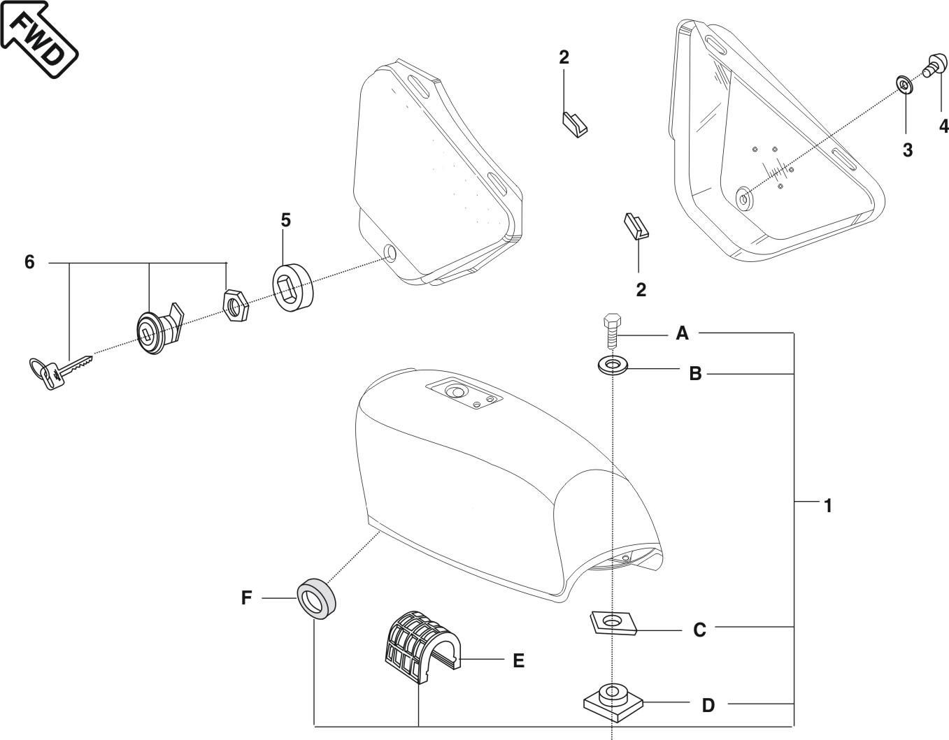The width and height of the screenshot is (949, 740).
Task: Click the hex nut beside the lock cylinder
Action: tap(234, 303)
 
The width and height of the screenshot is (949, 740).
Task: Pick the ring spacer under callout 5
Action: tap(292, 285)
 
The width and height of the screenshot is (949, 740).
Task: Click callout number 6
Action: tap(29, 263)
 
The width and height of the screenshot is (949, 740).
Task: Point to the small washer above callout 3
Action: tap(904, 86)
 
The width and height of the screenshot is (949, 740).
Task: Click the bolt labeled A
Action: tap(610, 331)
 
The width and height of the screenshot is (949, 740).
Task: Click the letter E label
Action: tap(518, 660)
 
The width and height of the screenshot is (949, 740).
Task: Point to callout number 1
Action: tap(828, 505)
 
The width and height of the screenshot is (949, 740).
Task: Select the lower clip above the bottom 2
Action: tap(636, 226)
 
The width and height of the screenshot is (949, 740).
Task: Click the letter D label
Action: tap(708, 705)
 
